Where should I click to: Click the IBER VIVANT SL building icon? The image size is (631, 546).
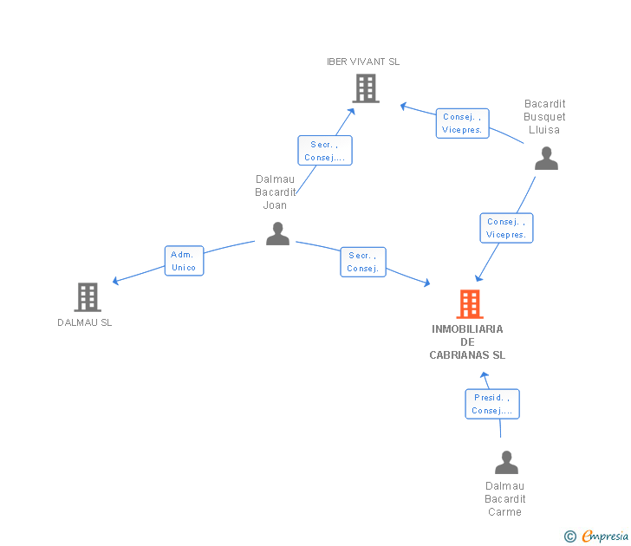(x=366, y=88)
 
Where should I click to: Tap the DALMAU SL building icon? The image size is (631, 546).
(x=88, y=297)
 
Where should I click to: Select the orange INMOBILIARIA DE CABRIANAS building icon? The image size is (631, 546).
(x=469, y=304)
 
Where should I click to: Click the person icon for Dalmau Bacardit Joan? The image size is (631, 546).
(x=277, y=233)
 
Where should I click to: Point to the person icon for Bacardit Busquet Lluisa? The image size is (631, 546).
(x=546, y=158)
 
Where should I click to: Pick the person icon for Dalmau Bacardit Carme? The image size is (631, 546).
(x=506, y=463)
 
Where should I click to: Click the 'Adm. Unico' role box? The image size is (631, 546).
(x=184, y=261)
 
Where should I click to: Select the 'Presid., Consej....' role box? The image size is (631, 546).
(x=492, y=404)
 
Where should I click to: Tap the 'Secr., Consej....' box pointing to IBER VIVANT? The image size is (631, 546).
(x=325, y=151)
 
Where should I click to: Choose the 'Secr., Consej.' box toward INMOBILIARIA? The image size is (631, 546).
(x=363, y=262)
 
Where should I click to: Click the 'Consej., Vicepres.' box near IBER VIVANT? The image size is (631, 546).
(x=462, y=123)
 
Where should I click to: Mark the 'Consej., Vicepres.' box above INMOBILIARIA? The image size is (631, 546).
(x=507, y=228)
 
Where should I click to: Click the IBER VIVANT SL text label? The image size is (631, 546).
(x=363, y=62)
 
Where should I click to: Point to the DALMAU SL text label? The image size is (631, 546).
(x=85, y=322)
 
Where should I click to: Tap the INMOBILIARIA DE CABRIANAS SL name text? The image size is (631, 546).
(x=467, y=342)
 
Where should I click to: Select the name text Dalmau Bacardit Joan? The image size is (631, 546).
(x=276, y=192)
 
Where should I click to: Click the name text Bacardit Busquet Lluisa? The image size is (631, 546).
(x=545, y=117)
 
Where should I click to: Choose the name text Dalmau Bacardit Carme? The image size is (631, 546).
(x=505, y=499)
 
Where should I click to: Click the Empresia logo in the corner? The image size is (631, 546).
(x=605, y=536)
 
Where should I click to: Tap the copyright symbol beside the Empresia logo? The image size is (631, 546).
(x=570, y=537)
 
